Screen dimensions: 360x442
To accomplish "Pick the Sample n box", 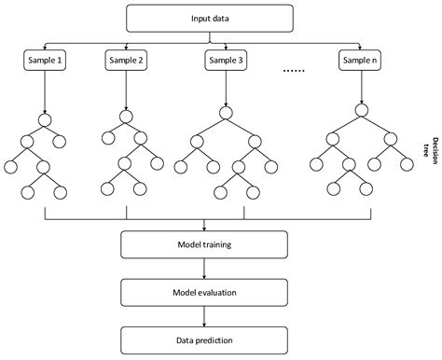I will pos(362,61).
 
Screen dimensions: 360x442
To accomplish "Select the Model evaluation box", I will pos(204,292).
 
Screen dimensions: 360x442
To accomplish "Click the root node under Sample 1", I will pos(45,118).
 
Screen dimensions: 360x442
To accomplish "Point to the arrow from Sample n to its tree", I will pos(362,90).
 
